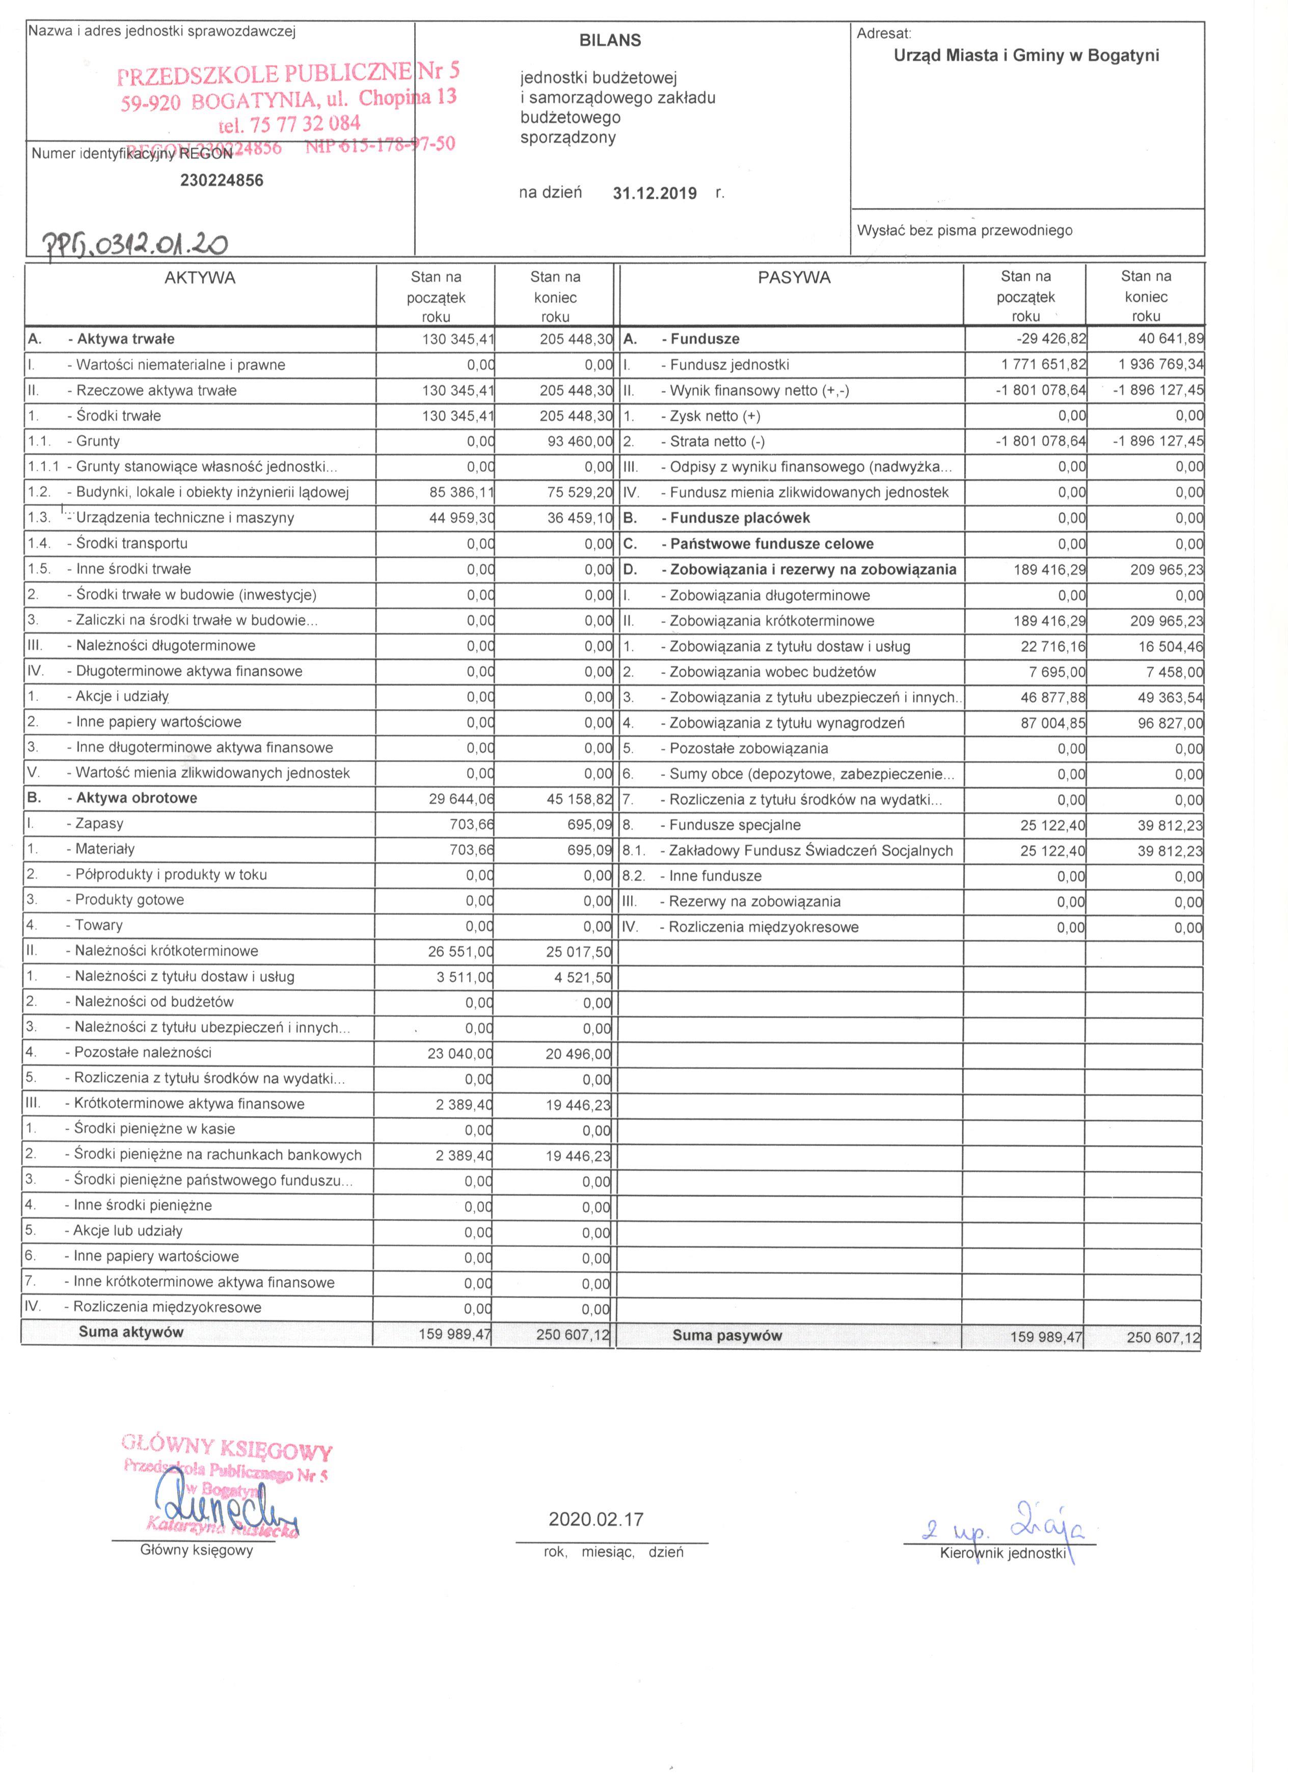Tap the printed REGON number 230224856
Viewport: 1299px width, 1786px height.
tap(222, 180)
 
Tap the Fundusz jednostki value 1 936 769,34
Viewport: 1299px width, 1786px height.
tap(1160, 365)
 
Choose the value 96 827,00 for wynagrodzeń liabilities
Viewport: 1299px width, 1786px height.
tap(1170, 723)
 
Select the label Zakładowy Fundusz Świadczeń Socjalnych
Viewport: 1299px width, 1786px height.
tap(810, 850)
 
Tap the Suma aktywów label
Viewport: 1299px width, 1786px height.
tap(131, 1332)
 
